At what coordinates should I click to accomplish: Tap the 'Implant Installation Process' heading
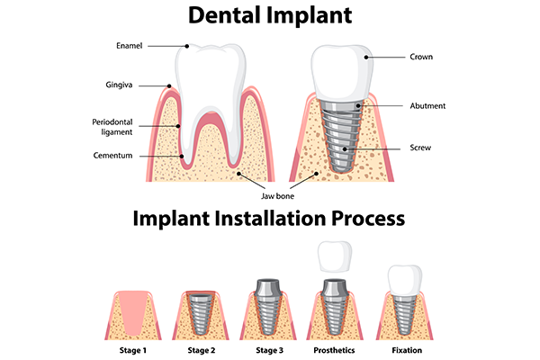(x=269, y=218)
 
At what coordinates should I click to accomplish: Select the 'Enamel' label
(x=129, y=44)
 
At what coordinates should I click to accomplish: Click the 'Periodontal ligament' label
(x=112, y=127)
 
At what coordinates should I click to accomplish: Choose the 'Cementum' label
(x=112, y=156)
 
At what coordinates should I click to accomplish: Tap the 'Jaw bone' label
(x=274, y=195)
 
